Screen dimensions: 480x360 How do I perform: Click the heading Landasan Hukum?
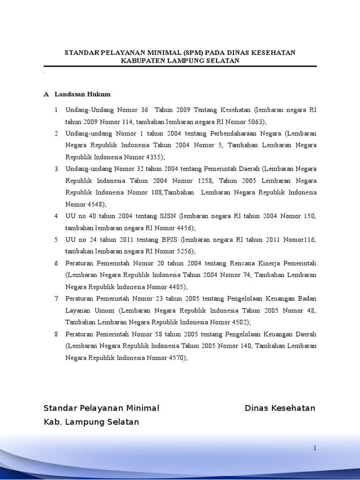click(x=82, y=94)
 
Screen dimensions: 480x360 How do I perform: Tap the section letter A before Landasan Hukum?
click(x=46, y=94)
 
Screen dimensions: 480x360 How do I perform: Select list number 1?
click(x=56, y=110)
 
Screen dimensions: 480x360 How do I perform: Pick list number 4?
click(x=56, y=216)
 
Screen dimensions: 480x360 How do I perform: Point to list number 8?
click(x=56, y=334)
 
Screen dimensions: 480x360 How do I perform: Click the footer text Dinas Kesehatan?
click(x=280, y=408)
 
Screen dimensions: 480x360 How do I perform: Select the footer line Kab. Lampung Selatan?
click(x=91, y=422)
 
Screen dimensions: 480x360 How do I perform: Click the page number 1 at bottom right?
click(x=315, y=448)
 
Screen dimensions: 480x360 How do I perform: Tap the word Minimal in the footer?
click(x=140, y=408)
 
